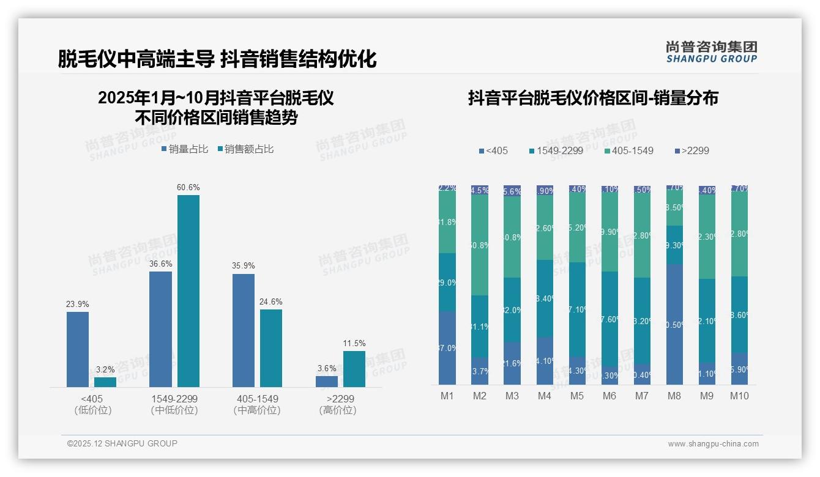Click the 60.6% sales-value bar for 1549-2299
click(188, 290)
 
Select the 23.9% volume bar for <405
click(78, 349)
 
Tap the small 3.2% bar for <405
click(105, 382)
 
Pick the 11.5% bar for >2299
click(354, 369)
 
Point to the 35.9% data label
click(244, 266)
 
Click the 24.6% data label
click(271, 301)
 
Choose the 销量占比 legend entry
click(185, 149)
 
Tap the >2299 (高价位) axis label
click(337, 404)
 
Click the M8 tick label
click(674, 396)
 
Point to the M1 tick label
click(447, 396)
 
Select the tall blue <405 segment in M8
click(674, 324)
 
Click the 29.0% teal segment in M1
click(447, 282)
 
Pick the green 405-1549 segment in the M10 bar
click(739, 234)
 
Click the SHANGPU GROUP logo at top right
click(711, 52)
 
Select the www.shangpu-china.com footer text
click(713, 444)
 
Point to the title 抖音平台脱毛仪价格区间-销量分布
click(593, 98)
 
